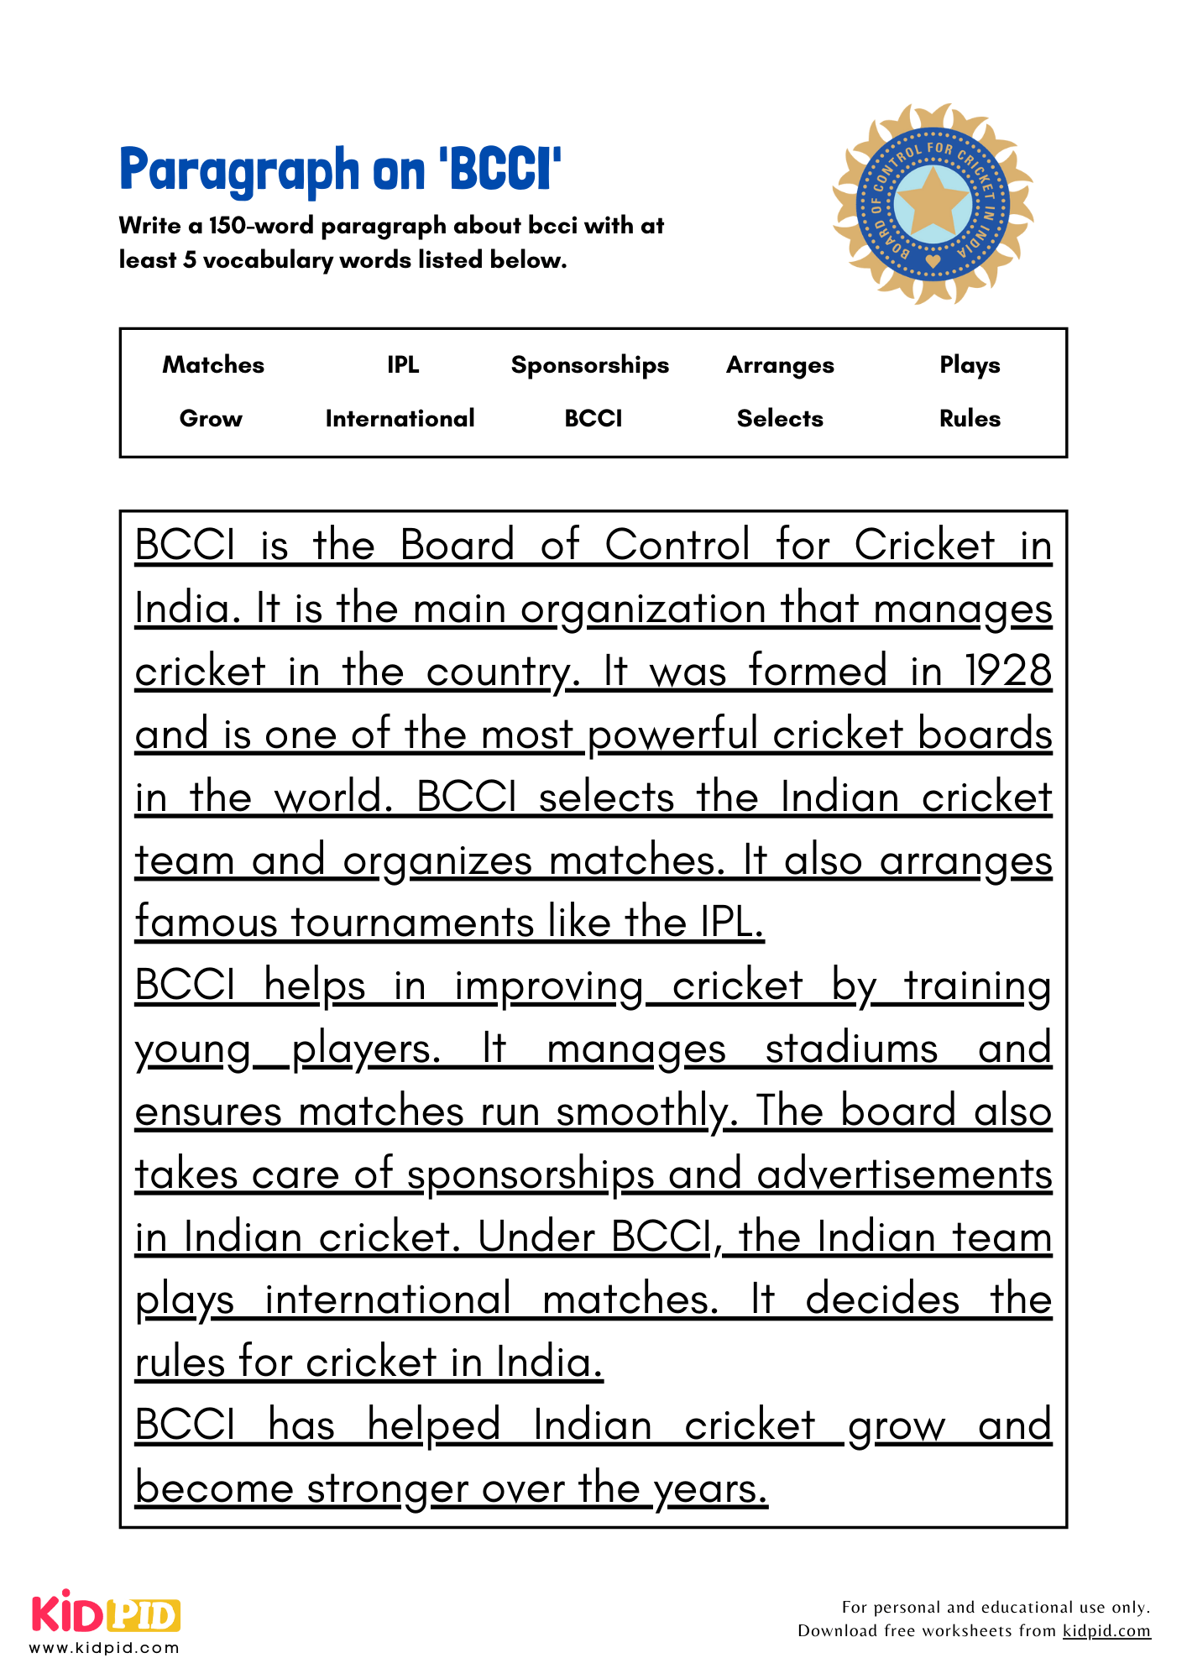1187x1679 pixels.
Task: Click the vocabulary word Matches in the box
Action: (x=213, y=364)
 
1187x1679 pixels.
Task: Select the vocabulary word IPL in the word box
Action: (x=403, y=364)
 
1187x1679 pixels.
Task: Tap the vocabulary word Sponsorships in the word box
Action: (x=590, y=365)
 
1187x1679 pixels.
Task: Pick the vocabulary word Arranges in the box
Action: (x=780, y=365)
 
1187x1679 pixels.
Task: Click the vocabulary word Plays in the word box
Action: (x=970, y=365)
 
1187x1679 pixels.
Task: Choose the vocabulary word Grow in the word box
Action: (x=211, y=418)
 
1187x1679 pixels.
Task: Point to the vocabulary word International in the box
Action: (x=400, y=418)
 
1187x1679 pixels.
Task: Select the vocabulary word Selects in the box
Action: (x=780, y=418)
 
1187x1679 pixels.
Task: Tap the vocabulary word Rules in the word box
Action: (x=970, y=418)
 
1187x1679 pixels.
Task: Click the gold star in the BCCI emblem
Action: (x=933, y=201)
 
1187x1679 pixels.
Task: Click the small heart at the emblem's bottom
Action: (x=933, y=261)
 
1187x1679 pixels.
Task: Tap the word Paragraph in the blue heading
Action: (x=239, y=171)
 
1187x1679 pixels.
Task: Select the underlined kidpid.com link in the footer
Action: (x=1106, y=1630)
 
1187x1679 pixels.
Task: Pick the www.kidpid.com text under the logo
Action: (x=105, y=1648)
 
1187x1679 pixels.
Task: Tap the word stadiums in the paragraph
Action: (x=851, y=1049)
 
